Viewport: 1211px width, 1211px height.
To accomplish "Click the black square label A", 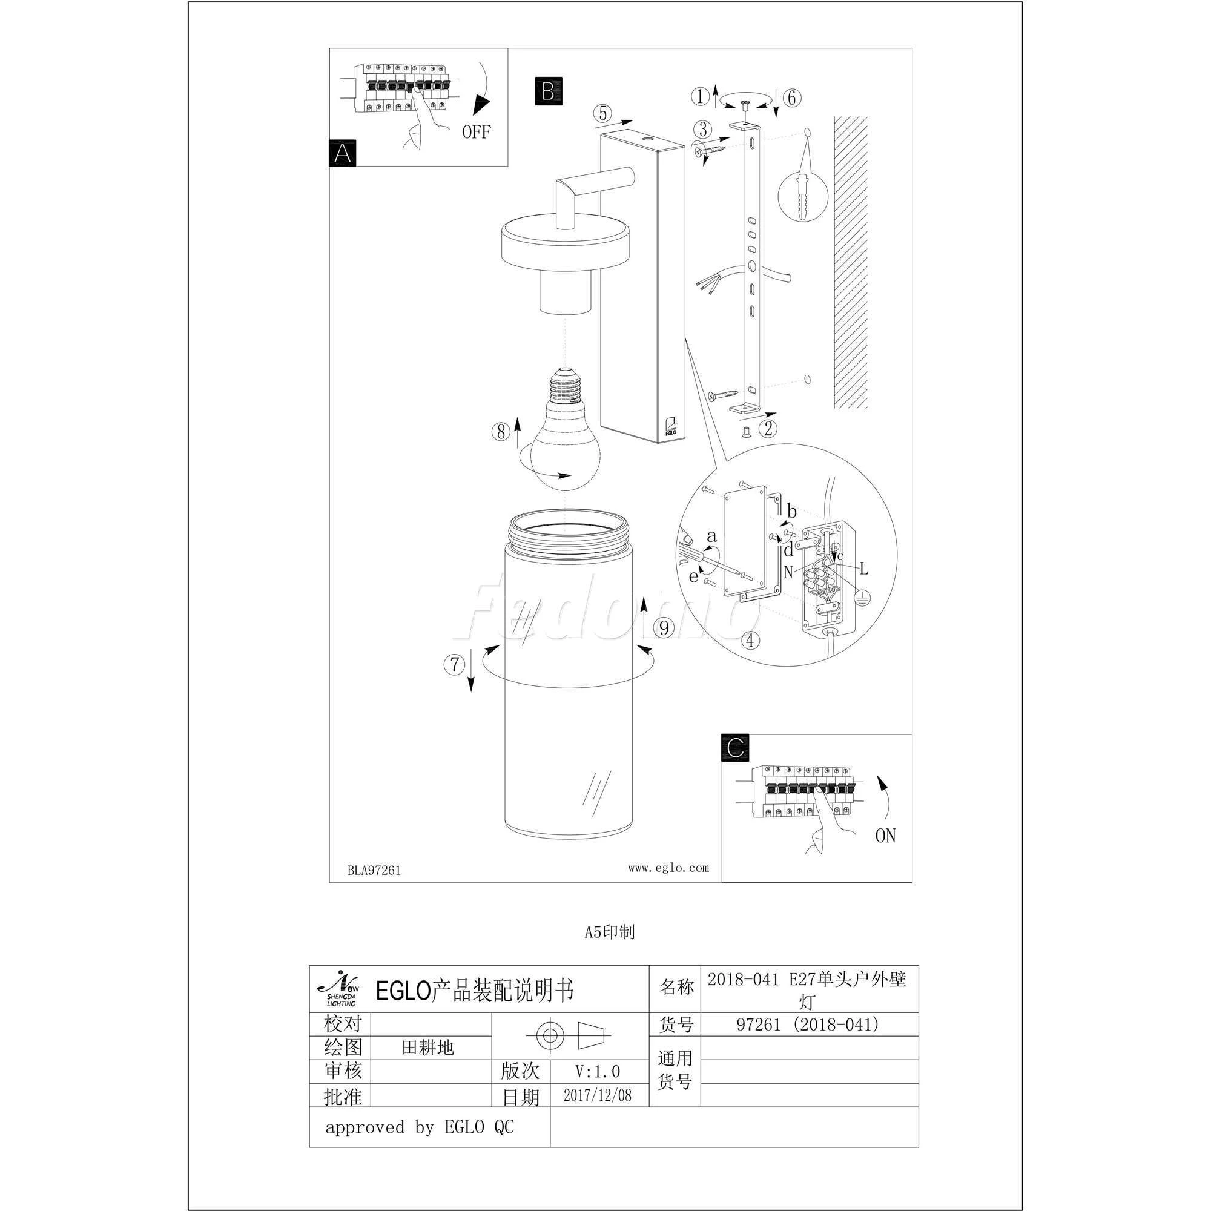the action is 342,153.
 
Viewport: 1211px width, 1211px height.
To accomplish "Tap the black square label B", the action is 549,91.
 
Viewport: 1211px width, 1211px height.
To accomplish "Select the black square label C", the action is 735,747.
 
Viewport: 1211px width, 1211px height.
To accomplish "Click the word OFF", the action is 477,131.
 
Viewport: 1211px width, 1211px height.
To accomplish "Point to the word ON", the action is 885,836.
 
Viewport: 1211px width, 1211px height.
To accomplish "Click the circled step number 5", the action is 603,113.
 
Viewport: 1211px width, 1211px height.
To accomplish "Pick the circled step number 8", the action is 501,431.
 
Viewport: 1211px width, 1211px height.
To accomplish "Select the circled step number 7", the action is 455,664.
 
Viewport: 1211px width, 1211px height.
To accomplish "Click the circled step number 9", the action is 664,627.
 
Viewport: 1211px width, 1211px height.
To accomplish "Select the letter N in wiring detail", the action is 788,571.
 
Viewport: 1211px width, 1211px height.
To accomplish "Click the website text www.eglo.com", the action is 668,868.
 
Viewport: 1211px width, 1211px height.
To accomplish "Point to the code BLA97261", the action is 374,870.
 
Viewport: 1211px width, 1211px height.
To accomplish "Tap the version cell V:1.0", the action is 598,1071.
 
